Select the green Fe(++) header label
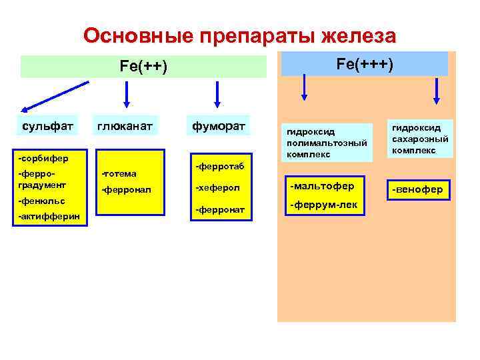pyautogui.click(x=143, y=67)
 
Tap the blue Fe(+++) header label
pyautogui.click(x=365, y=64)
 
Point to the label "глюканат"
pyautogui.click(x=125, y=125)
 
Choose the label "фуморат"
pyautogui.click(x=218, y=125)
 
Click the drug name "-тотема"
pyautogui.click(x=119, y=174)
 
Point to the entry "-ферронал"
pyautogui.click(x=126, y=190)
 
